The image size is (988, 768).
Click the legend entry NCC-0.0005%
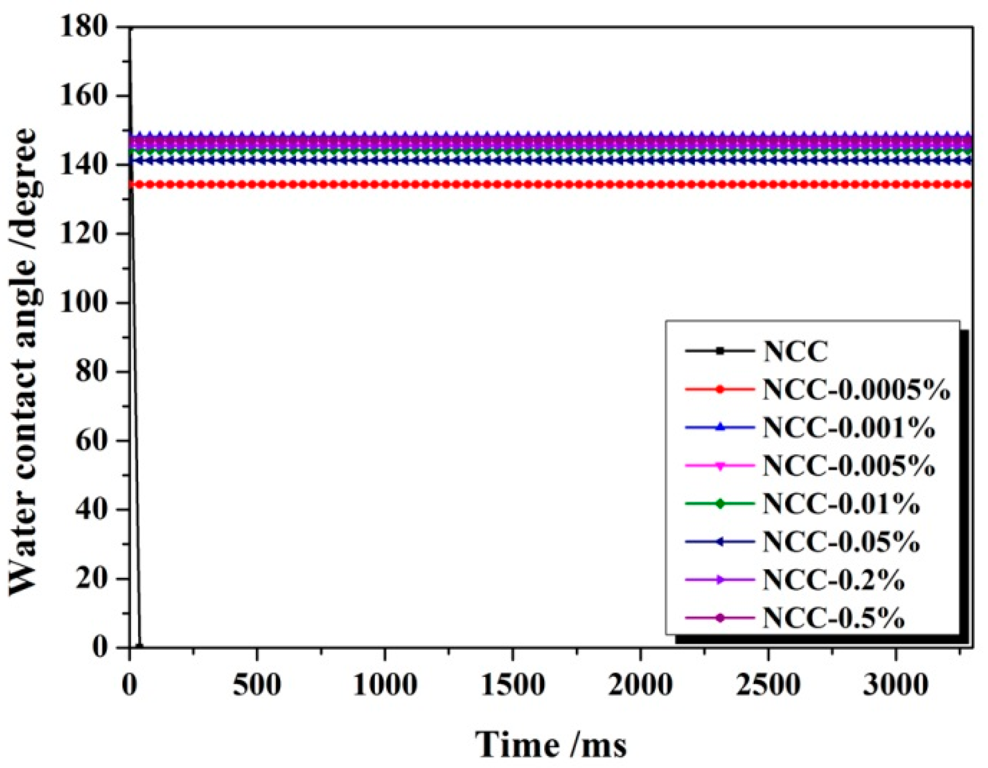click(x=856, y=390)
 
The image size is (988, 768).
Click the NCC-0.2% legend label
click(x=833, y=580)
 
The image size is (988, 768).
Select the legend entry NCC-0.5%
click(x=833, y=618)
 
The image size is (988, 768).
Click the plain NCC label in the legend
click(x=795, y=351)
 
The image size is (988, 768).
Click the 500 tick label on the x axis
click(x=257, y=685)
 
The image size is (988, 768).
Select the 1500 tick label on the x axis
click(x=513, y=685)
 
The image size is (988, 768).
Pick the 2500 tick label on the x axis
click(x=768, y=685)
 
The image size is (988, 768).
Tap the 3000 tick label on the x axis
click(x=895, y=685)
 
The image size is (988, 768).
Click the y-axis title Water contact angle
click(x=24, y=363)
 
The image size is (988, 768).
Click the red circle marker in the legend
click(x=720, y=390)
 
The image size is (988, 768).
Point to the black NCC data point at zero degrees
click(x=139, y=646)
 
